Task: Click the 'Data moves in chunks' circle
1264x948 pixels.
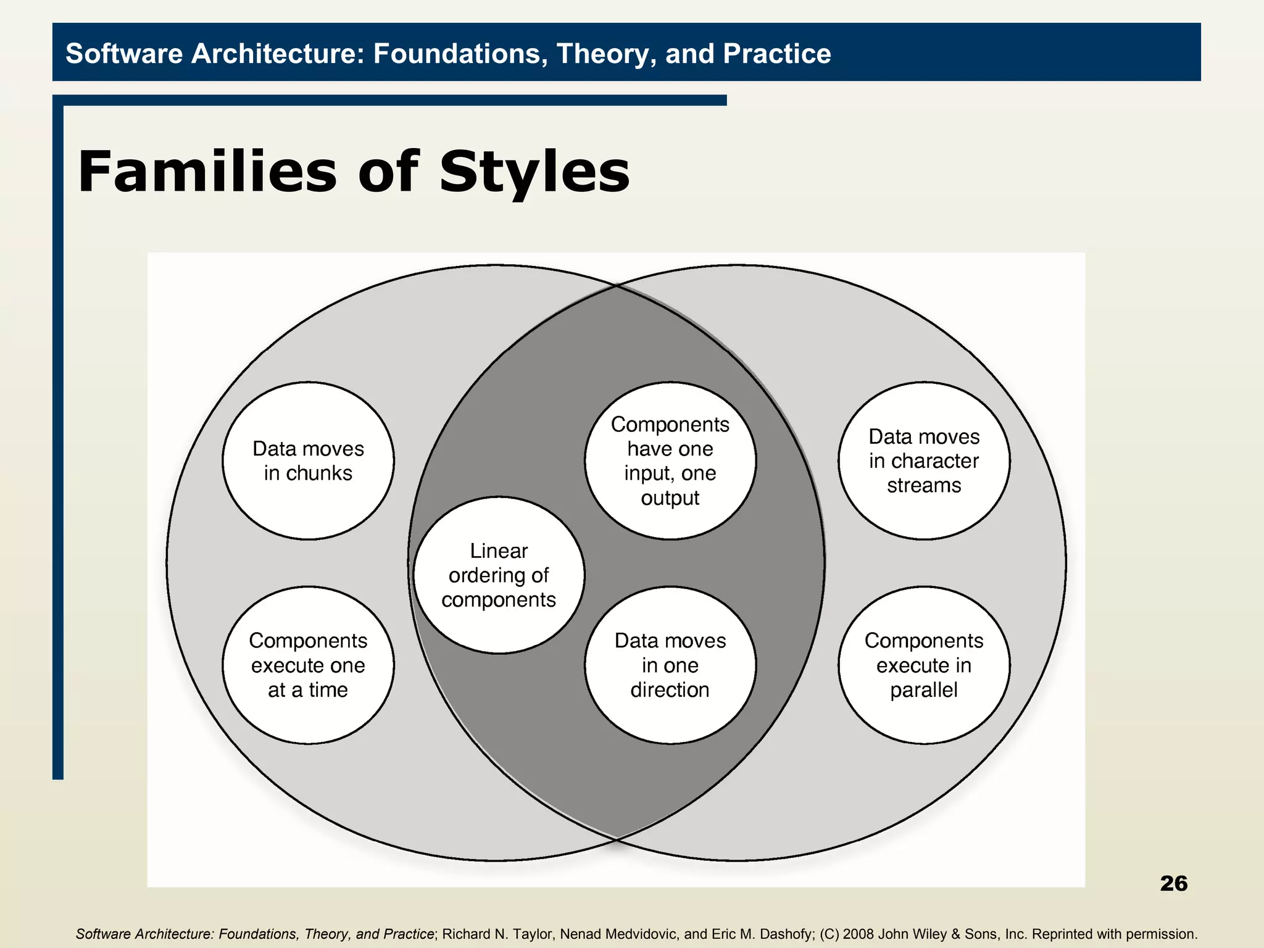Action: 308,460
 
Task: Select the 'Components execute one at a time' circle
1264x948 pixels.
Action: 308,665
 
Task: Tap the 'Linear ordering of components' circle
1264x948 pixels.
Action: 499,575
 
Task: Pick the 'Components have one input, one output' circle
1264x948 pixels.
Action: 670,460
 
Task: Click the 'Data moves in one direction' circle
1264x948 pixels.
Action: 670,665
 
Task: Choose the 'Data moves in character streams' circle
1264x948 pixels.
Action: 923,460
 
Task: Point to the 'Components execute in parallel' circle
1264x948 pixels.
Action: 923,665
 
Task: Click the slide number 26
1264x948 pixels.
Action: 1173,883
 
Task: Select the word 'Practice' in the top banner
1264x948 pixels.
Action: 776,54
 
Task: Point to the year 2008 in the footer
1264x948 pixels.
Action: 859,934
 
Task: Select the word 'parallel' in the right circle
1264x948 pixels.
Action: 923,690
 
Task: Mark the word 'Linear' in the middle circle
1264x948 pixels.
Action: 499,551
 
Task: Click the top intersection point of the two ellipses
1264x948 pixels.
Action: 617,285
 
